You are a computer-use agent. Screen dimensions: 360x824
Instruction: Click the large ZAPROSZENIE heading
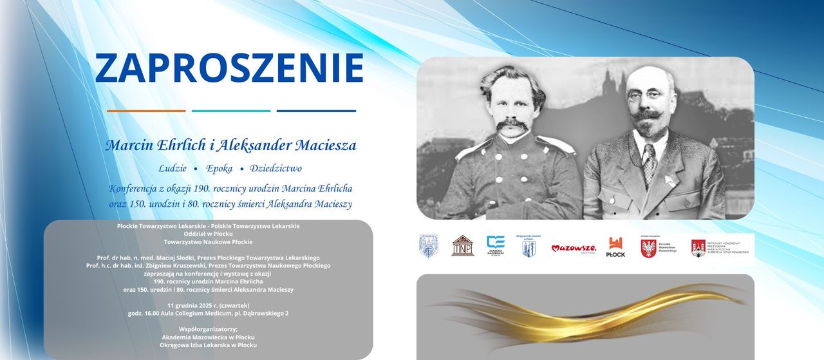(229, 68)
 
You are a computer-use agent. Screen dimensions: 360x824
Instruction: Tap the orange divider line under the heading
(146, 111)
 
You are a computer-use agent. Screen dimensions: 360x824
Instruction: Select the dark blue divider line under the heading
(316, 111)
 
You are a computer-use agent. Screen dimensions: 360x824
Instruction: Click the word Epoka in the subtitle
(220, 168)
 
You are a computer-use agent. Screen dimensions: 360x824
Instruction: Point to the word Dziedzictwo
(276, 168)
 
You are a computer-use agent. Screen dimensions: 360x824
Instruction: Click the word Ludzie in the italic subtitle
(173, 168)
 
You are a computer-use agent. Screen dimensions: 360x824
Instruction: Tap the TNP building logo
(462, 246)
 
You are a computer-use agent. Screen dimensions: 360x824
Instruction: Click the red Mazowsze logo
(574, 248)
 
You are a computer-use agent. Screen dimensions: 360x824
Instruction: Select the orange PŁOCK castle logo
(615, 247)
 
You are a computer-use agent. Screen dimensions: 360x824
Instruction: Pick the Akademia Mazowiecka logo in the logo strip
(496, 246)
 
